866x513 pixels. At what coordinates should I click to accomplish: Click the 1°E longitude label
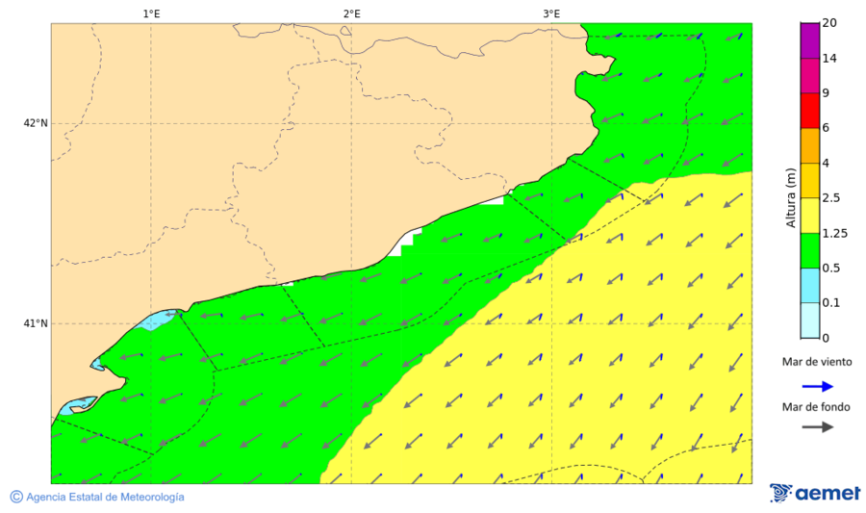point(151,13)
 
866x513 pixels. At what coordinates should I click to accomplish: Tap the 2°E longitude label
point(351,13)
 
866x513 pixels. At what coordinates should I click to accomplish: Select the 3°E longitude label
point(551,13)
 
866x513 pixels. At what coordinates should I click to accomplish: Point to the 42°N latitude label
point(36,123)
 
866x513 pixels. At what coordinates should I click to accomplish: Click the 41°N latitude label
point(36,323)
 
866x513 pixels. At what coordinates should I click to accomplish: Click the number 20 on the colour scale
point(829,24)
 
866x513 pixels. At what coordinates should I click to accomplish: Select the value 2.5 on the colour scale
point(830,198)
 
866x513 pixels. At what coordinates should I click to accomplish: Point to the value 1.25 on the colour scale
point(833,233)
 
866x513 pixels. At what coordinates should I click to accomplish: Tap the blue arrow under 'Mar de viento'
point(818,386)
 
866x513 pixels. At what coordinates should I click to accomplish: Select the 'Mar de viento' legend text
point(817,363)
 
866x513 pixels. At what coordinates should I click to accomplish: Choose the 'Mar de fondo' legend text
point(816,406)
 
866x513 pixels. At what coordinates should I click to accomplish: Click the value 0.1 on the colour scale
point(830,303)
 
